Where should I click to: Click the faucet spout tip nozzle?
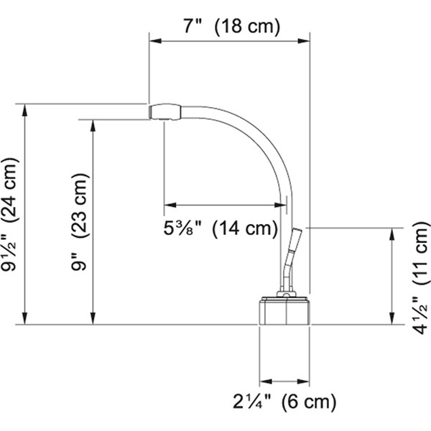(164, 111)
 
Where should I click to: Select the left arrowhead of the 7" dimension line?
(153, 42)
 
